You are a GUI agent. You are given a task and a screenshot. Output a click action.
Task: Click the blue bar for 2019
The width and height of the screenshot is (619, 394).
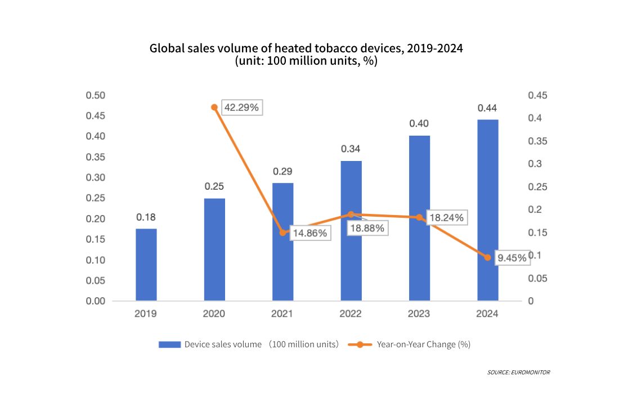[x=146, y=265]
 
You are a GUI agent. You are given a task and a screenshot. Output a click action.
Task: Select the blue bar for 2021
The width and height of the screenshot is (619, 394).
[x=283, y=242]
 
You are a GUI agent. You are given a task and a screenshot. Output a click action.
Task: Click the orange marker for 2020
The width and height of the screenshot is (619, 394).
[x=214, y=107]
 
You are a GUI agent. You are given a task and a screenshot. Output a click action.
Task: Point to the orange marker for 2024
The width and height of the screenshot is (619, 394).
[x=487, y=258]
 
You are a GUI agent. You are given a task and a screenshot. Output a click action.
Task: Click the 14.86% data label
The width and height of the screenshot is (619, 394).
[x=309, y=232]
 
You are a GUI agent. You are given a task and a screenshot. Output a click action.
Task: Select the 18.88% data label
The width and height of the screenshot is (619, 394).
[x=367, y=227]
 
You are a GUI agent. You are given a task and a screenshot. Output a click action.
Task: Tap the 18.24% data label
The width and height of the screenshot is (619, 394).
[x=446, y=217]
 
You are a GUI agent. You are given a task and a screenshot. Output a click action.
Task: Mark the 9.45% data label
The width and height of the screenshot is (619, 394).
[x=512, y=258]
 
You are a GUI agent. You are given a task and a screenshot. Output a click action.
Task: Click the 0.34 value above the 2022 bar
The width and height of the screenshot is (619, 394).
[x=351, y=149]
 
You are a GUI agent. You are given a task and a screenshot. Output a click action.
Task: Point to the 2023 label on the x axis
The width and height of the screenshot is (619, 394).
[x=419, y=314]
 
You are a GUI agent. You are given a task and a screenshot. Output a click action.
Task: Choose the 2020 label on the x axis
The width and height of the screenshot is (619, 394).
[x=214, y=314]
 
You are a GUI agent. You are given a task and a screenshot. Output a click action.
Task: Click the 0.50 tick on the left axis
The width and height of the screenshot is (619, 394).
[x=96, y=96]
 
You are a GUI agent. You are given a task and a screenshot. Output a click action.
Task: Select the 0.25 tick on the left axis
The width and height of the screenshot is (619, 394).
[x=96, y=198]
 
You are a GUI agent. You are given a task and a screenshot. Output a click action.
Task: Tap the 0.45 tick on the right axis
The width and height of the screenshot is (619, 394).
[x=537, y=96]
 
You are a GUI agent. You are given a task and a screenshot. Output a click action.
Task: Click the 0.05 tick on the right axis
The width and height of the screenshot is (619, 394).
[x=537, y=279]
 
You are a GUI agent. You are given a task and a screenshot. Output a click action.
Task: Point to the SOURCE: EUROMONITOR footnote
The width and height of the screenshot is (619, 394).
[x=518, y=373]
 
